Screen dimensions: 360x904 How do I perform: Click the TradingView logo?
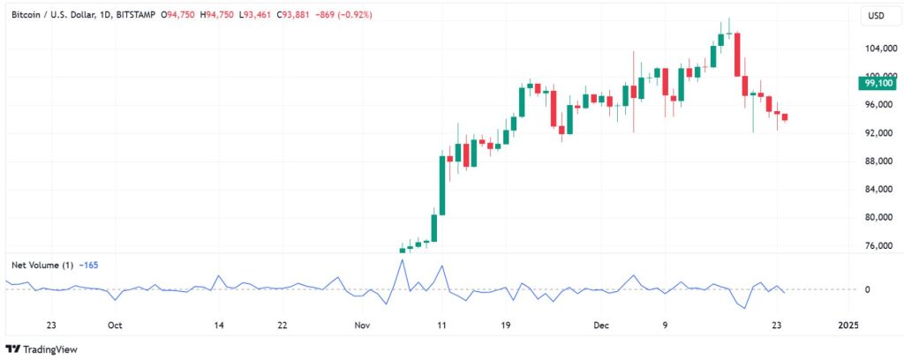pos(42,349)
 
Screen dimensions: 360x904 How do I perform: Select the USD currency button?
pos(876,16)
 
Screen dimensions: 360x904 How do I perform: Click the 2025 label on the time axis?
pos(847,325)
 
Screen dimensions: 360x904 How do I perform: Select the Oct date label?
pos(115,325)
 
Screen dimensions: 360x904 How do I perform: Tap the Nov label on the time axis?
pos(362,325)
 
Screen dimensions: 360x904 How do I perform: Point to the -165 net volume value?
pos(88,264)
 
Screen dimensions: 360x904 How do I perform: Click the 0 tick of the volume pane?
pos(867,289)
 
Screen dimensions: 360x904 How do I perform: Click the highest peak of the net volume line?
pos(403,259)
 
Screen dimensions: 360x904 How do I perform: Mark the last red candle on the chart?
pos(785,116)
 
